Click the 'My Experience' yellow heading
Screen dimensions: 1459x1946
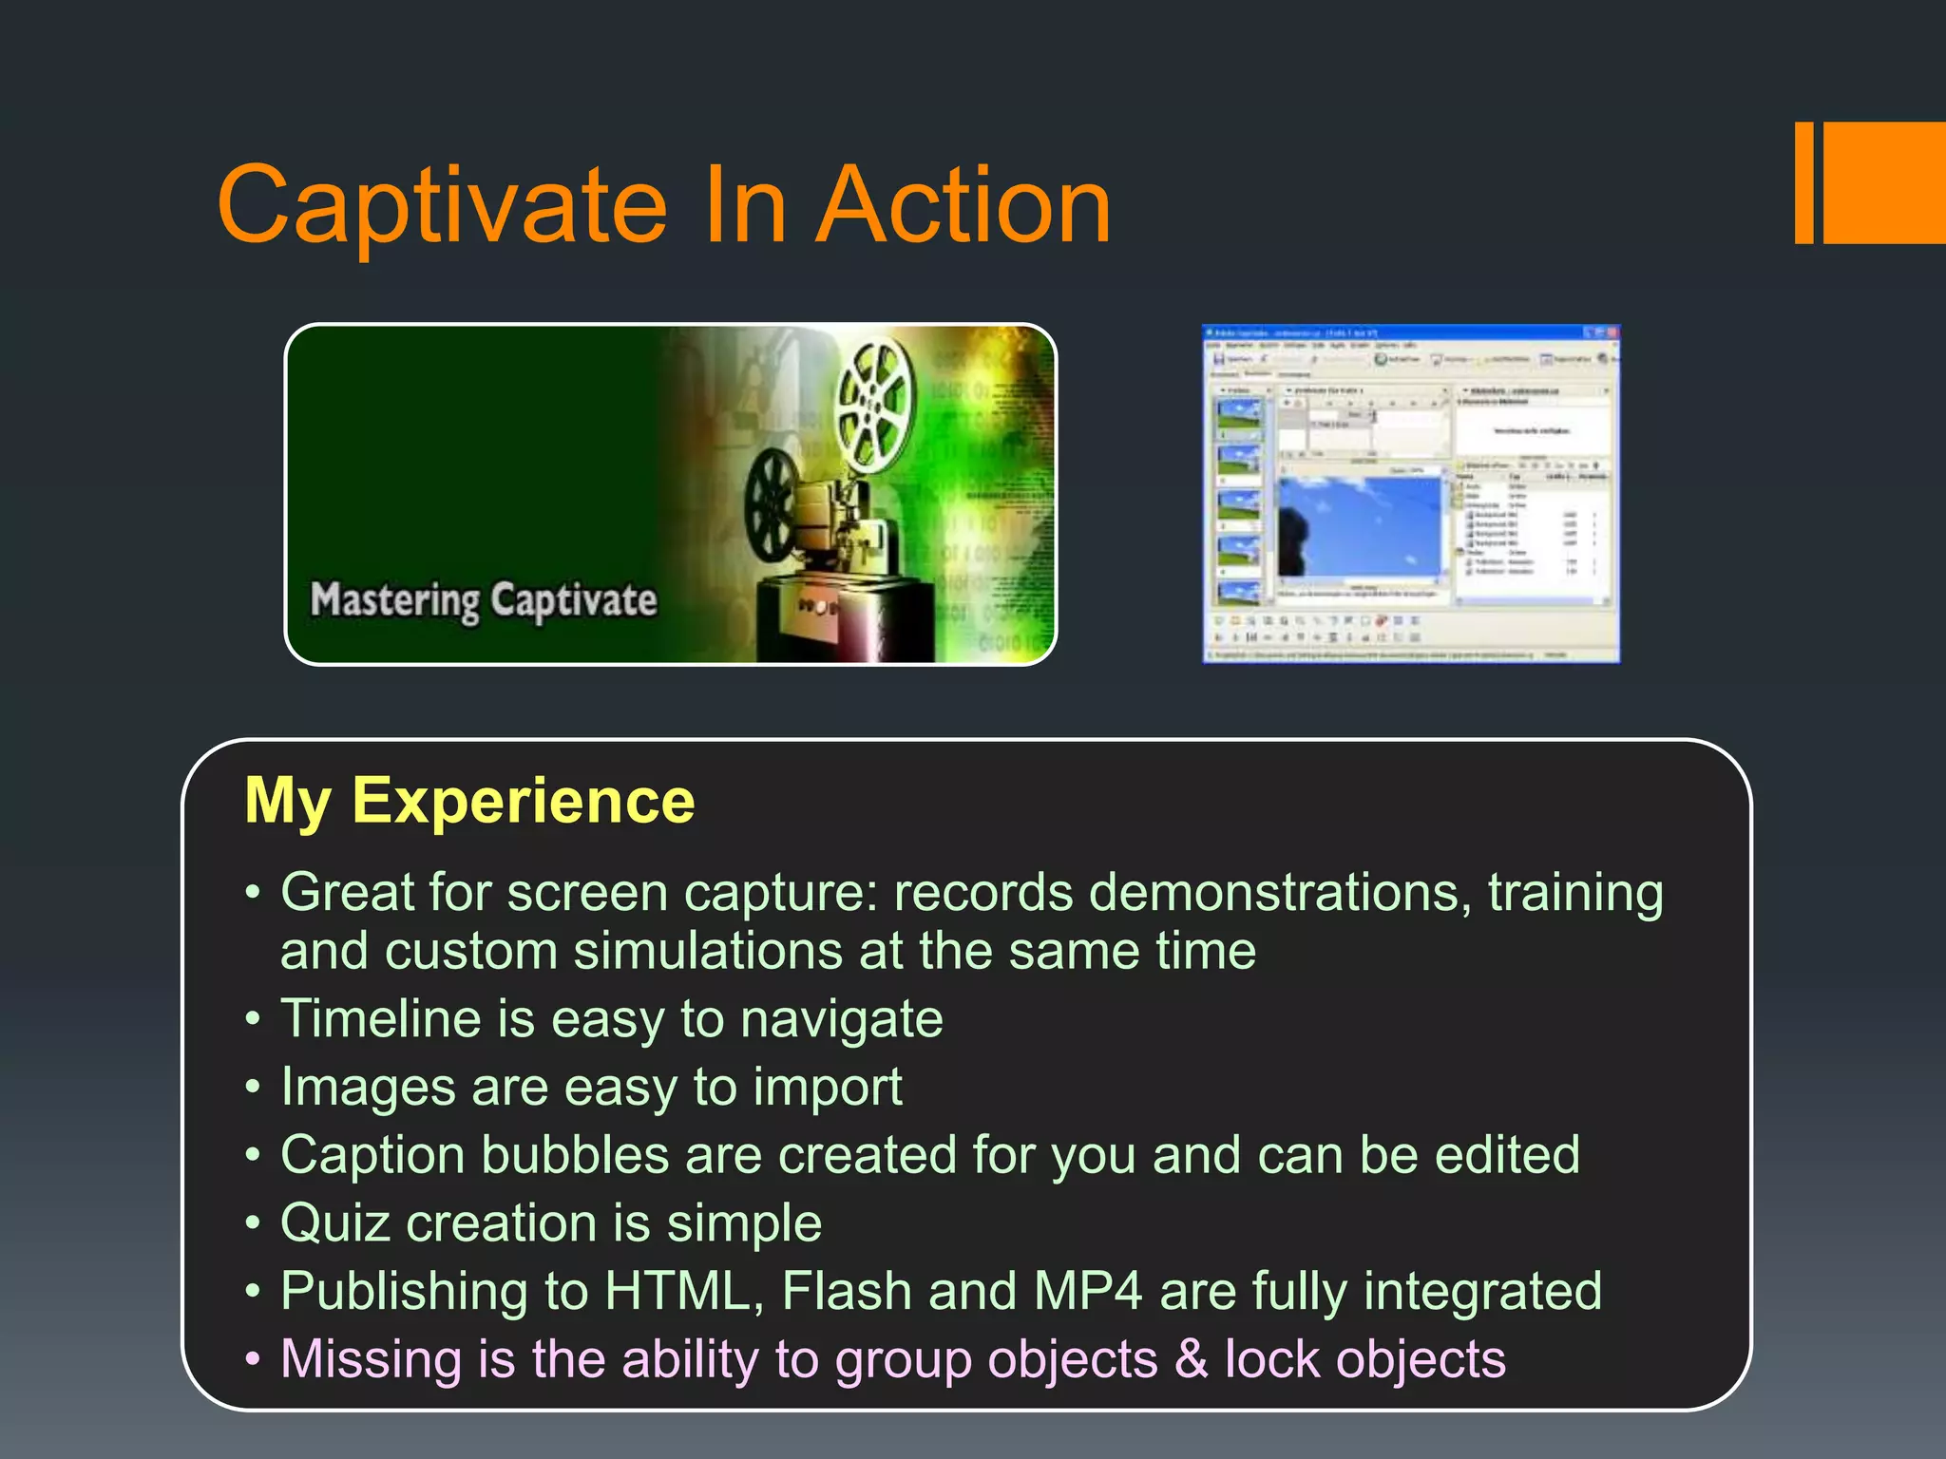[469, 801]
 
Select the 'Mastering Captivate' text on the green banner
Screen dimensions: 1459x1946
[484, 600]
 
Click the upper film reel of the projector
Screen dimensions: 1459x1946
[875, 404]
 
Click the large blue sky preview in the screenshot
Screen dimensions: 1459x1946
[1359, 527]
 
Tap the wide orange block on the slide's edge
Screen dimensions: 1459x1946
[1885, 182]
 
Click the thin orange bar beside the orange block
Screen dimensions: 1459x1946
[1804, 182]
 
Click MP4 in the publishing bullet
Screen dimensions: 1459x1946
[1087, 1292]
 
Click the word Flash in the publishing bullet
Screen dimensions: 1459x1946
[847, 1292]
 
